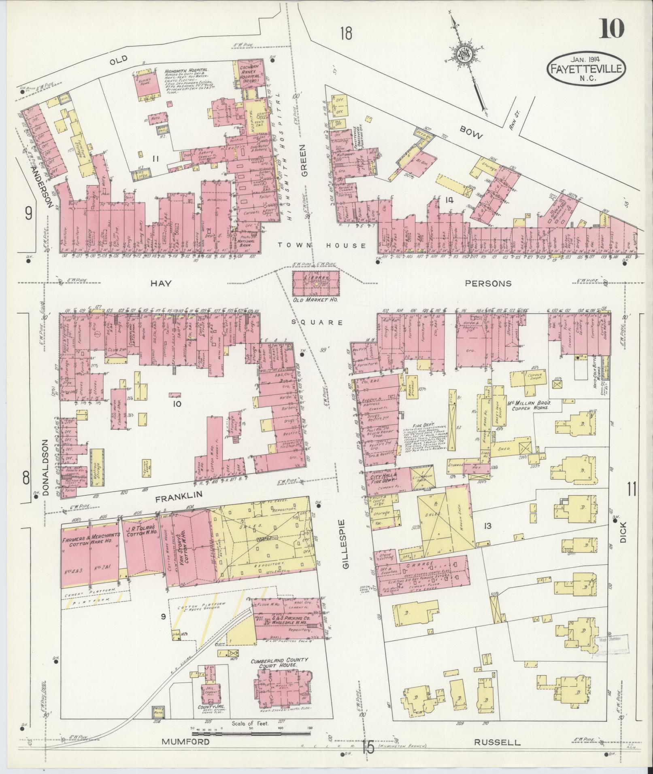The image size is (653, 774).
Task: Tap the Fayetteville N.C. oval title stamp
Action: point(586,69)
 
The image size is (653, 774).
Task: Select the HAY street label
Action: point(161,284)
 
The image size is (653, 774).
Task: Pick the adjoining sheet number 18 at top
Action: point(346,34)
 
